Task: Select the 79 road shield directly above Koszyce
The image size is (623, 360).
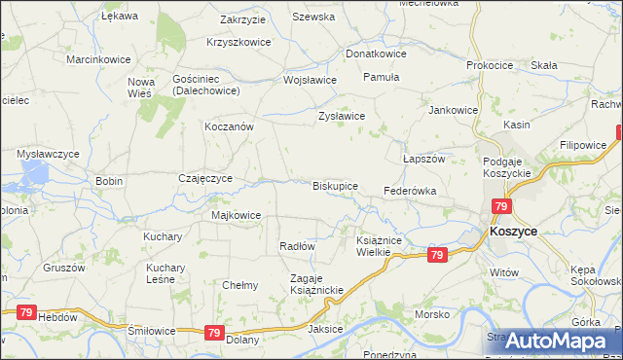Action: pos(502,206)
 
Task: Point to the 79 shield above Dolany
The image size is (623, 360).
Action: pos(215,332)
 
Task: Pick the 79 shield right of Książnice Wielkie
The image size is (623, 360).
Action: pos(437,255)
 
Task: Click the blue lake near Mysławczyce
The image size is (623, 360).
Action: pos(34,175)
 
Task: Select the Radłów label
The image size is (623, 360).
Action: pos(296,246)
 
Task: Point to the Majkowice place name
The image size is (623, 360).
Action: pos(236,215)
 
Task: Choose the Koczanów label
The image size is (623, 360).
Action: pos(229,127)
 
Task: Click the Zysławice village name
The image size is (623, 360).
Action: pos(342,116)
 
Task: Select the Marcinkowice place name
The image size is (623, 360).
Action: pos(98,59)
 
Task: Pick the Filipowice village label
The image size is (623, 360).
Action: pos(583,144)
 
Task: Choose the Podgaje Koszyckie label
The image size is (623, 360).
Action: pos(506,165)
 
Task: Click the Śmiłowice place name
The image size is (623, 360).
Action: pos(152,331)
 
